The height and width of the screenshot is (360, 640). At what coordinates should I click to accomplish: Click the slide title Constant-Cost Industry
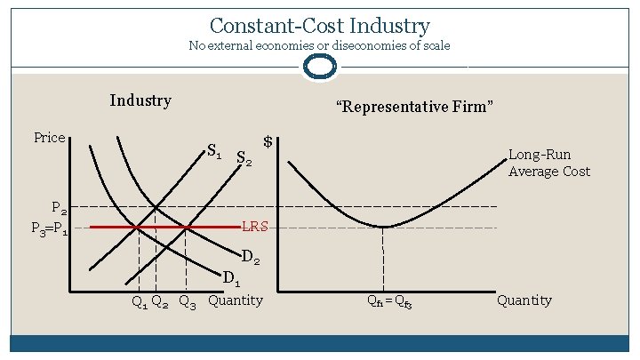pyautogui.click(x=320, y=26)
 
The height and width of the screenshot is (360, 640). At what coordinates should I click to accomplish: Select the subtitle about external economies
pyautogui.click(x=320, y=46)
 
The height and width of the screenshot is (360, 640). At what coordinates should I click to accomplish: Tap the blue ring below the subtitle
pyautogui.click(x=320, y=67)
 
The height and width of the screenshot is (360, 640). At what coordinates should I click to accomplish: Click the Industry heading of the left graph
pyautogui.click(x=140, y=100)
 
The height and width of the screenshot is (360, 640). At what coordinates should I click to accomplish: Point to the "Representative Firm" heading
pyautogui.click(x=414, y=107)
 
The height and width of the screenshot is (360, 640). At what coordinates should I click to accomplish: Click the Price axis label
pyautogui.click(x=50, y=137)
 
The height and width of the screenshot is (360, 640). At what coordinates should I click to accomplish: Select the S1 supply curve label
pyautogui.click(x=214, y=150)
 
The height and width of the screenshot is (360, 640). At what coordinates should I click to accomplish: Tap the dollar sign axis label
pyautogui.click(x=268, y=142)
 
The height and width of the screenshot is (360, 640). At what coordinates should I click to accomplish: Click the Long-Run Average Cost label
pyautogui.click(x=548, y=163)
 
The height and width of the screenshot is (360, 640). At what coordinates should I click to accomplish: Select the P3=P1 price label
pyautogui.click(x=49, y=228)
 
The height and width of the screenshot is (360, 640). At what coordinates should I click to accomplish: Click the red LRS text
pyautogui.click(x=255, y=228)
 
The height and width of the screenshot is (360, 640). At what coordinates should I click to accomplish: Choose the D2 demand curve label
pyautogui.click(x=251, y=260)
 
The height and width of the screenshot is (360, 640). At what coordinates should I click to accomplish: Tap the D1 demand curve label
pyautogui.click(x=231, y=278)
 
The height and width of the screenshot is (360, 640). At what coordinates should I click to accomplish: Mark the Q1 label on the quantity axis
pyautogui.click(x=140, y=301)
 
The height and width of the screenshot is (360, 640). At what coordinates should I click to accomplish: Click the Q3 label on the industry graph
pyautogui.click(x=188, y=301)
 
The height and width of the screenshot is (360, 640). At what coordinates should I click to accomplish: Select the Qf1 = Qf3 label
pyautogui.click(x=390, y=301)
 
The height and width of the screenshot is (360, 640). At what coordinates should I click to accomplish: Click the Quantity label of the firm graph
pyautogui.click(x=524, y=300)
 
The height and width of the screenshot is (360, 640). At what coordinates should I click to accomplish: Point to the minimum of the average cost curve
pyautogui.click(x=383, y=227)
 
